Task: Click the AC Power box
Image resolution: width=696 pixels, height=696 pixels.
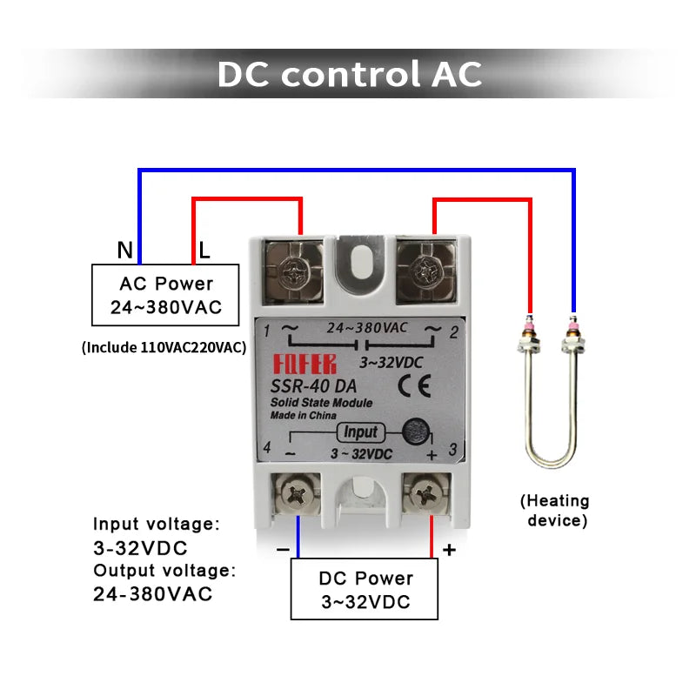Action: [x=165, y=296]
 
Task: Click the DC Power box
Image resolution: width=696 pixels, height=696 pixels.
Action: [x=365, y=590]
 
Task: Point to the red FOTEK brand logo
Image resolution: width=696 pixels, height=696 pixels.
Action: [x=304, y=365]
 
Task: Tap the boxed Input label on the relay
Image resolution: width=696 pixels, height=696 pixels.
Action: [x=360, y=432]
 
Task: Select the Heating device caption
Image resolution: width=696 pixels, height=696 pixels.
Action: [x=555, y=511]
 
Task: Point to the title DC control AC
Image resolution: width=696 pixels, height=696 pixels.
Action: [x=349, y=74]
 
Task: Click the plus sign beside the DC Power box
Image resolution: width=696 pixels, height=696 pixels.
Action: [x=449, y=550]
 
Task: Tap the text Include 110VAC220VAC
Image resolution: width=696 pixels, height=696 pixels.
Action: [x=164, y=347]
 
